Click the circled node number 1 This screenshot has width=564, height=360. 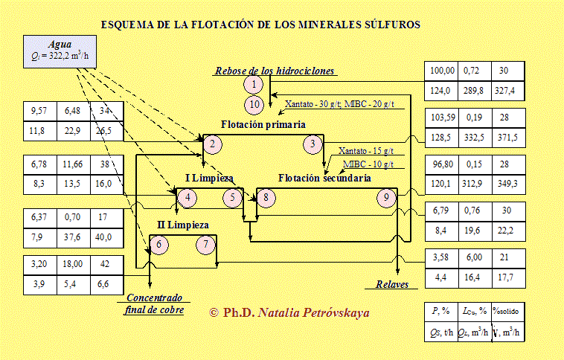pos(254,84)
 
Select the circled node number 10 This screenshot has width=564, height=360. pos(254,103)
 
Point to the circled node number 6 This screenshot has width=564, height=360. pos(158,244)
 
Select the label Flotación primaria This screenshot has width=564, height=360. pos(263,123)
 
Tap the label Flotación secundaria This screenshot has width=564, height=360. pos(324,178)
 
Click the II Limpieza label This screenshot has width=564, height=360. pos(183,224)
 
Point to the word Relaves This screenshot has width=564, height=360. pos(386,284)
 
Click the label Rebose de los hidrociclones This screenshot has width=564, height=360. pos(275,71)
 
